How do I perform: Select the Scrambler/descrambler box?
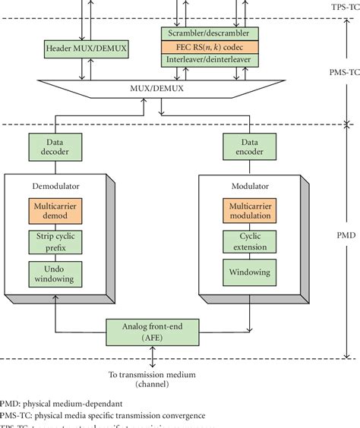[x=209, y=33]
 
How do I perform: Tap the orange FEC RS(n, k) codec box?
[x=209, y=46]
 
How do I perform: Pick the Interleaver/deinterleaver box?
[x=209, y=59]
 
